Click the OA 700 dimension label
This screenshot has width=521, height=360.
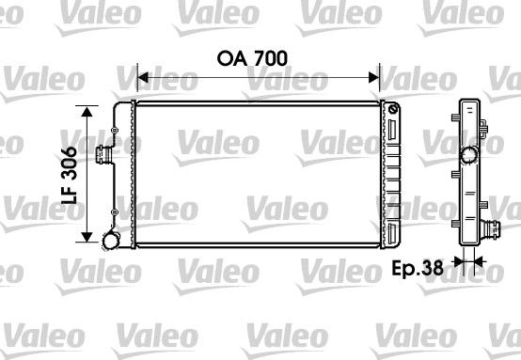coord(252,58)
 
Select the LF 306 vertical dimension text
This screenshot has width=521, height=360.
coord(69,175)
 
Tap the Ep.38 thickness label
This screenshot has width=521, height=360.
coord(418,268)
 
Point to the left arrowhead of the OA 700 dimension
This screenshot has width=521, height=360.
coord(142,78)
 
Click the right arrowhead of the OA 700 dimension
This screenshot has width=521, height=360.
coord(373,78)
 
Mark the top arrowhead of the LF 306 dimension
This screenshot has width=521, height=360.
coord(87,112)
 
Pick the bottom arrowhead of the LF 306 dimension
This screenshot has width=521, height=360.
coord(87,237)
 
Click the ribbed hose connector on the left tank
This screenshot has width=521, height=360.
coord(103,155)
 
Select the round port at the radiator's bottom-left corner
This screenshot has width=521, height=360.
coord(110,241)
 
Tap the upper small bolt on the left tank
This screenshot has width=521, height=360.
coord(115,131)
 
